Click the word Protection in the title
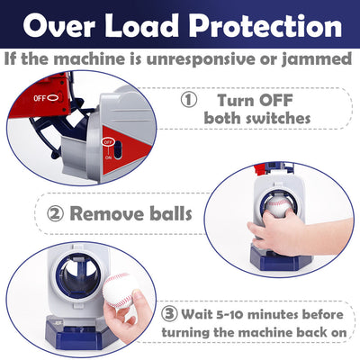point(265,26)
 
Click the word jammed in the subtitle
point(317,59)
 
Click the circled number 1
point(189,100)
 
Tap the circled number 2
point(56,214)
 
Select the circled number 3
point(169,314)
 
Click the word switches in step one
point(278,118)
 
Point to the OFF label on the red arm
point(40,98)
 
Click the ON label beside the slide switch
point(108,157)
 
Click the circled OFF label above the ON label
point(108,141)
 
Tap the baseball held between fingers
point(119,291)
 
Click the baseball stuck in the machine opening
point(278,207)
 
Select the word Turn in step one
point(236,100)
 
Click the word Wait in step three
point(197,314)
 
